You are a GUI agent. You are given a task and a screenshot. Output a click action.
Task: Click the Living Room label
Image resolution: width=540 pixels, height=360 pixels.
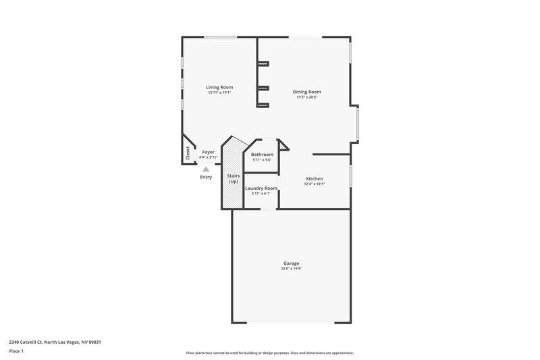pyautogui.click(x=219, y=87)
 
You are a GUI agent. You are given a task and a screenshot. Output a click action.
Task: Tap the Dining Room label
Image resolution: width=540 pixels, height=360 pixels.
pyautogui.click(x=306, y=92)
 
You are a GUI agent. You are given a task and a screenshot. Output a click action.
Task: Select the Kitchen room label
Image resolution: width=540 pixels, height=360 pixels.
pyautogui.click(x=315, y=178)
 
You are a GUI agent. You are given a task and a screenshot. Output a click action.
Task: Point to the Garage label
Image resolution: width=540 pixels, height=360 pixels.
pyautogui.click(x=291, y=263)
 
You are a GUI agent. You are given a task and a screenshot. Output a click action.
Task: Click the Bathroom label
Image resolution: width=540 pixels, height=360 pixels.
pyautogui.click(x=261, y=154)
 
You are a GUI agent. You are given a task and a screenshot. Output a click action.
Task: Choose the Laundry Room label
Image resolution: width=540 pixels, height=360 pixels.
pyautogui.click(x=261, y=188)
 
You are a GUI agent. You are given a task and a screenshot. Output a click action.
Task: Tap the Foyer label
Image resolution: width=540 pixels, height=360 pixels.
pyautogui.click(x=208, y=152)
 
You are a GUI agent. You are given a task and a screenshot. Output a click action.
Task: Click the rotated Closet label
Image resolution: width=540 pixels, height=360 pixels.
pyautogui.click(x=188, y=153)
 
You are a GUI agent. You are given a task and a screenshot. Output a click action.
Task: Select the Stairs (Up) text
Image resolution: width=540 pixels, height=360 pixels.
pyautogui.click(x=234, y=178)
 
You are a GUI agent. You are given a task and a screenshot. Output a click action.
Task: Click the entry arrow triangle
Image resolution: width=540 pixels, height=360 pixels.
pyautogui.click(x=206, y=168)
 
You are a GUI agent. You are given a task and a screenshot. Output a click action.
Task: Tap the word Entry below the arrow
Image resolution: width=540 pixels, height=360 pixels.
pyautogui.click(x=206, y=177)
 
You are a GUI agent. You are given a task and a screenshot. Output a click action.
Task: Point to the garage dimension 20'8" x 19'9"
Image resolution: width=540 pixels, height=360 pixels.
pyautogui.click(x=291, y=269)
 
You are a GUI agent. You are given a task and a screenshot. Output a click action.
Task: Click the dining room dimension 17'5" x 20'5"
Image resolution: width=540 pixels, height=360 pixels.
pyautogui.click(x=306, y=97)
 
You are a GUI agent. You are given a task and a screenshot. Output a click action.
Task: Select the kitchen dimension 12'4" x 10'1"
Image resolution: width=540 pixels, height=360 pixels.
pyautogui.click(x=315, y=184)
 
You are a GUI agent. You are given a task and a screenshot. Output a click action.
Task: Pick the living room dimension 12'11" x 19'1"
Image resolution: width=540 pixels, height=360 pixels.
pyautogui.click(x=219, y=93)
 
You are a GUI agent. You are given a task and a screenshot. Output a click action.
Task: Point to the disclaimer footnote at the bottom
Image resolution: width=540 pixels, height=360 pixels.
pyautogui.click(x=269, y=353)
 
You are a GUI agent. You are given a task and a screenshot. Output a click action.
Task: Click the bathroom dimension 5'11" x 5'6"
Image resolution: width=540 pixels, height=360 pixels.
pyautogui.click(x=261, y=159)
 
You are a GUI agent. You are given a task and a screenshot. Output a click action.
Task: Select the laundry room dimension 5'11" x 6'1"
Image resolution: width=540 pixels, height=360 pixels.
pyautogui.click(x=261, y=193)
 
